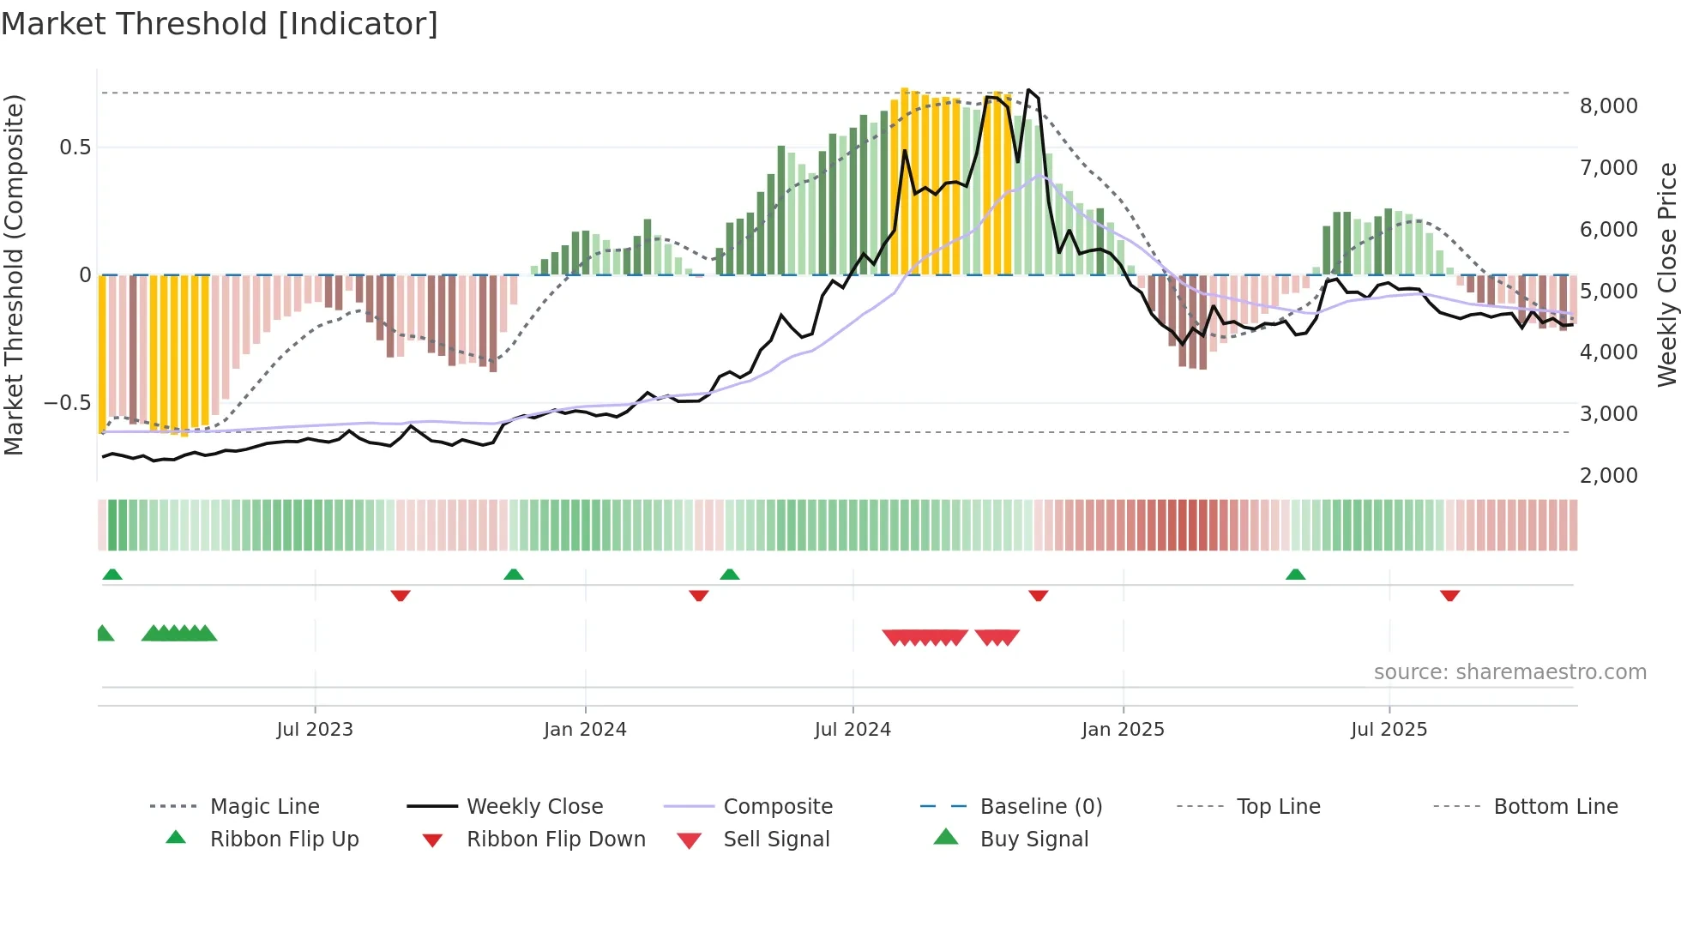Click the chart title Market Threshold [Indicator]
click(220, 24)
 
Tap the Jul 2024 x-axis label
click(852, 730)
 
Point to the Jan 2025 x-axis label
click(1123, 730)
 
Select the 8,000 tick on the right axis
click(1608, 106)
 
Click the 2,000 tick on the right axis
click(1608, 476)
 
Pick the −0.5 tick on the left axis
click(67, 403)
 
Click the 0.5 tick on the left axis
click(75, 147)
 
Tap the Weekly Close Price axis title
click(1666, 274)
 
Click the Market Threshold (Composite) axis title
click(14, 274)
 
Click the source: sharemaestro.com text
click(1509, 672)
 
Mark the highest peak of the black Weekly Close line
click(1028, 90)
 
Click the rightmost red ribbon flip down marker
click(1449, 595)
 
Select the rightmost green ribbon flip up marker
click(1295, 575)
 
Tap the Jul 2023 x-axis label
click(315, 730)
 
